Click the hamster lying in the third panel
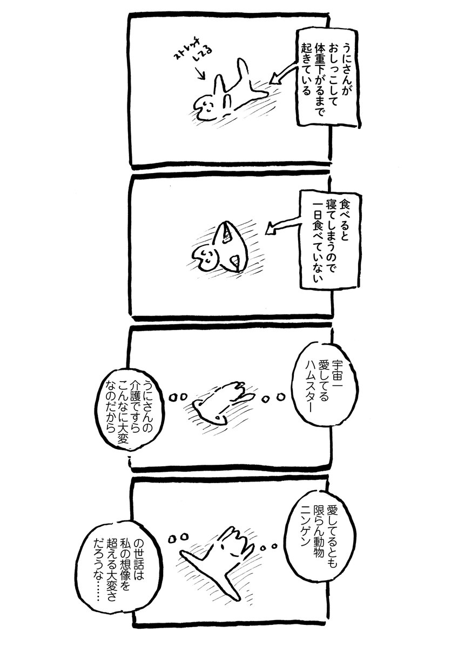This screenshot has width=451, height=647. pos(221,402)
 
